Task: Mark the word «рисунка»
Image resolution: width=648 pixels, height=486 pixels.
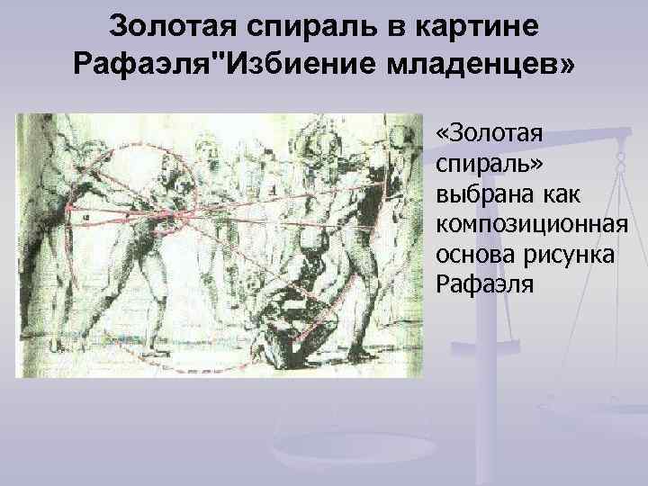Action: [566, 255]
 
